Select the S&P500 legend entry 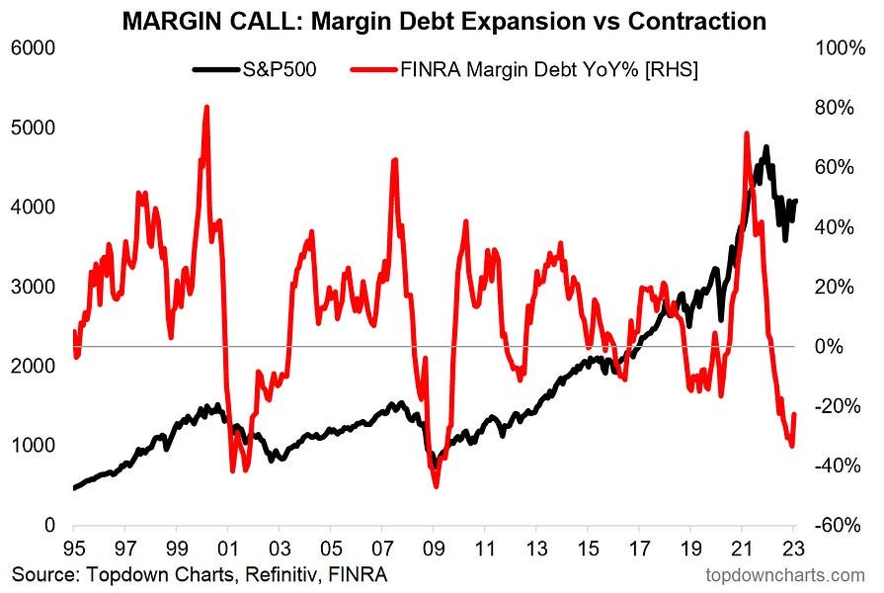click(x=281, y=70)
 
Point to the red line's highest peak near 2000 click(x=205, y=107)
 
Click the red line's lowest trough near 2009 click(x=436, y=485)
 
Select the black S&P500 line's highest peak click(x=765, y=148)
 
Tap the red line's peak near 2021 click(x=746, y=133)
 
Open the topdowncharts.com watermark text click(x=785, y=574)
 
